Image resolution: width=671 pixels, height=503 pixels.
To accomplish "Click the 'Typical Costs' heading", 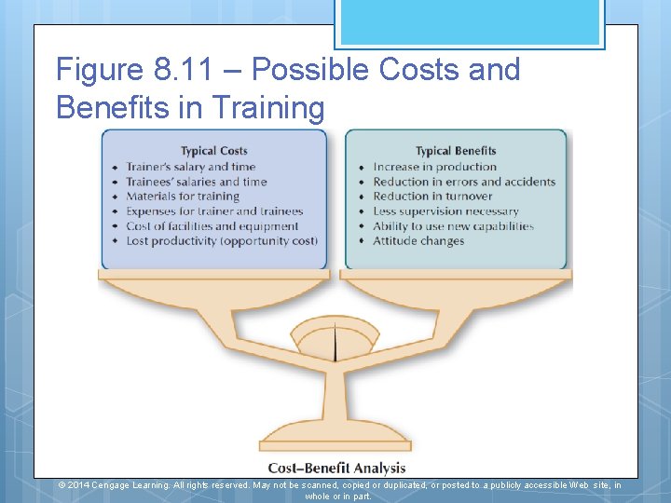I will [213, 151].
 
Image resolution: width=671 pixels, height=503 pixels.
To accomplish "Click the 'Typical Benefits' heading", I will [456, 151].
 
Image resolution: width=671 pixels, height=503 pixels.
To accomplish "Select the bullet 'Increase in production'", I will [435, 167].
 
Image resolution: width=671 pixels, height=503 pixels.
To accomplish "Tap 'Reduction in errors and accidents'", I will [464, 182].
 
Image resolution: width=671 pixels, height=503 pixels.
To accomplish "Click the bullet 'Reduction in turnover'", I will [432, 197].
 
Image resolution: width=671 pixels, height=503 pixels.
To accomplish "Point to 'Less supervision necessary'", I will [445, 211].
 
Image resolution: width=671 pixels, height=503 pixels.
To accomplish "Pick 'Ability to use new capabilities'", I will [453, 226].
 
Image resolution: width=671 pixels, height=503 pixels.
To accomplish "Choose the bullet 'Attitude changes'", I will [418, 241].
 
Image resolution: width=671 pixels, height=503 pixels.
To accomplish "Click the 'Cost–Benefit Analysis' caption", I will [336, 468].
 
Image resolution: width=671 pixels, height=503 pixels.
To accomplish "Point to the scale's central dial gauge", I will [335, 340].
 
